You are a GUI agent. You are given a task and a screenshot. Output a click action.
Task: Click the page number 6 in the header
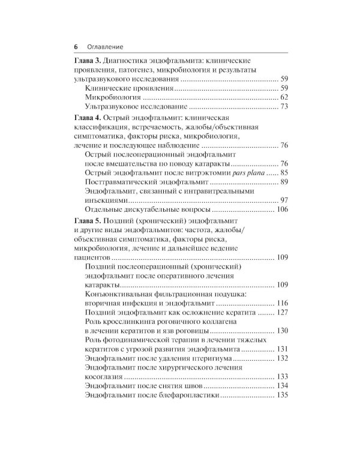76,47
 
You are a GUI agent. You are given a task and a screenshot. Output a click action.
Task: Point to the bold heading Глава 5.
87,223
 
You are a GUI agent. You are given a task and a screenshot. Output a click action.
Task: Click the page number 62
284,97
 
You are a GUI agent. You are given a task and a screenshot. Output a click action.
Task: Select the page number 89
284,182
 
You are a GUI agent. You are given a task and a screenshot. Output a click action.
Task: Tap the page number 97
284,200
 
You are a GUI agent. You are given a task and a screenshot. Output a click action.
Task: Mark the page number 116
283,304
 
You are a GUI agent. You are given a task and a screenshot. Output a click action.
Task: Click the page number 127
283,313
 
